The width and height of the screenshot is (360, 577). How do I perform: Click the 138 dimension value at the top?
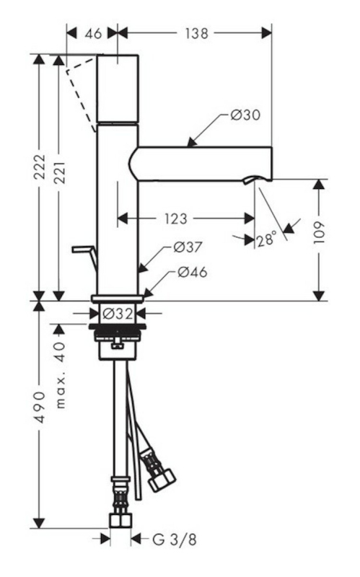tap(196, 33)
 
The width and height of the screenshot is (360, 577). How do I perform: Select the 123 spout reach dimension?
tap(176, 219)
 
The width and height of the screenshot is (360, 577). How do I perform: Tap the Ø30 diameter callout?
tap(245, 115)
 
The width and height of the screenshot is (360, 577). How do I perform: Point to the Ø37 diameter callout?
tap(188, 247)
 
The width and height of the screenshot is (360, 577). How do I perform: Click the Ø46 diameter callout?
tap(192, 273)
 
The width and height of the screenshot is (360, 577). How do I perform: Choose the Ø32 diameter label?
tap(118, 314)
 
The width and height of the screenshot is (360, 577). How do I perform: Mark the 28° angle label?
tap(266, 239)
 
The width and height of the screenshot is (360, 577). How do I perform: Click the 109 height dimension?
tap(319, 232)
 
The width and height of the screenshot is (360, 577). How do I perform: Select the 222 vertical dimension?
tap(40, 167)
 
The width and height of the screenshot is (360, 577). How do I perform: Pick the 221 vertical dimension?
tap(59, 172)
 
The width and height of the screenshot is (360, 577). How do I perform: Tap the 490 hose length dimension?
tap(40, 407)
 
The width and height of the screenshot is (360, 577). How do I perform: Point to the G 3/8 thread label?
tap(175, 539)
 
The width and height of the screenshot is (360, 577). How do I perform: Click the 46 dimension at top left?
tap(93, 33)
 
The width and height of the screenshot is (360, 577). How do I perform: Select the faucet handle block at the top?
tap(118, 88)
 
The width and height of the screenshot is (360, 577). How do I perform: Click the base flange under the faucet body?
tap(118, 298)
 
